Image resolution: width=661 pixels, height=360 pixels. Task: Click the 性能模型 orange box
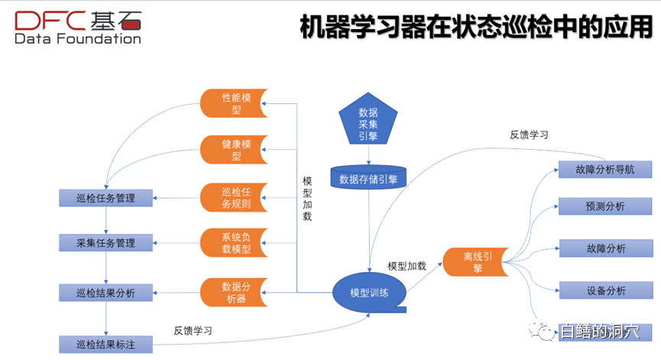232,104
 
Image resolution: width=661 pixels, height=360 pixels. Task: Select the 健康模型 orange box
232,150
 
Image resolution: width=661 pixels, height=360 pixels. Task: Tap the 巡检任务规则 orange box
232,197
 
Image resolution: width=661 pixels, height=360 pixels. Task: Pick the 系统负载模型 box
232,242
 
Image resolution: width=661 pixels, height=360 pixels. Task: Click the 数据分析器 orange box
232,293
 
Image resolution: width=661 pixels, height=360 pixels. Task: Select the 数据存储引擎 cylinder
368,179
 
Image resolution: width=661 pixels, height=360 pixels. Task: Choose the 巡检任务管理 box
105,198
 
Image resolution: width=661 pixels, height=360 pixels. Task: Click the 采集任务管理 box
105,243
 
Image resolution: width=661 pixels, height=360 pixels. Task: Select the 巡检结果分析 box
105,292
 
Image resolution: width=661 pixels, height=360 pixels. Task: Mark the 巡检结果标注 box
105,344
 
